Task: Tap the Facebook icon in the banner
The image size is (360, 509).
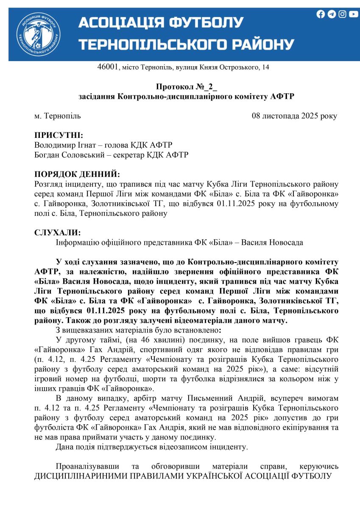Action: (321, 14)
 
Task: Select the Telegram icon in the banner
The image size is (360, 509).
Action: (332, 14)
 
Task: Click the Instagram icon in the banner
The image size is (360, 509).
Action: (342, 14)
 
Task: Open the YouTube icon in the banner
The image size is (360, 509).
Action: (353, 14)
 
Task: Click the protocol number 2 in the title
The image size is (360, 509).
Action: (210, 87)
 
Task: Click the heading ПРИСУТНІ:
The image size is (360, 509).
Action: (59, 135)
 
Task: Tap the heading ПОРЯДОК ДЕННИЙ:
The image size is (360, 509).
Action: (77, 174)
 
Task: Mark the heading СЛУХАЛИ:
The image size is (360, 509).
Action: (57, 233)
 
